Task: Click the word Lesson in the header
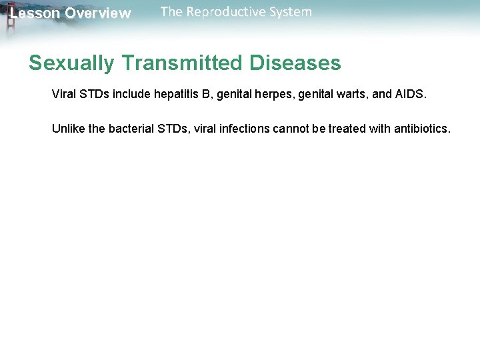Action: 35,13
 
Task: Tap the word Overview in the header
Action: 98,13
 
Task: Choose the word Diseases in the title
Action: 295,63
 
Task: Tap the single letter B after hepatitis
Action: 205,95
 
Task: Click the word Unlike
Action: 68,128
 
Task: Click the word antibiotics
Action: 422,128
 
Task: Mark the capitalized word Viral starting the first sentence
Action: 65,95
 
